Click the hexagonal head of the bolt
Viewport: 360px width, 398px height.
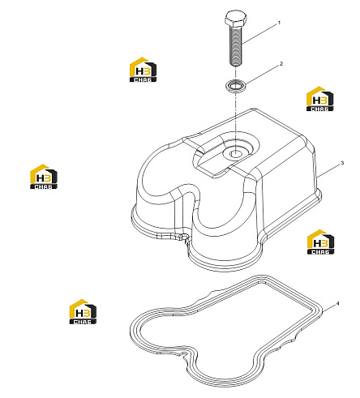236,18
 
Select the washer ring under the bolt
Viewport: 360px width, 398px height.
236,86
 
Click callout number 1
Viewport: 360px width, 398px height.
279,23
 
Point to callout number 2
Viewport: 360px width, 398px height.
281,64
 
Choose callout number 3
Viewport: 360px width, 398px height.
342,163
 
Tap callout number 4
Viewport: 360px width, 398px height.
337,304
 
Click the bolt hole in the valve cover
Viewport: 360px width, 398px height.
234,154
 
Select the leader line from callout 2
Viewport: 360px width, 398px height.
262,75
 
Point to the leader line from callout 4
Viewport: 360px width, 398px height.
328,309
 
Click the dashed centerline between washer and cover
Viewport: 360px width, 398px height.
235,122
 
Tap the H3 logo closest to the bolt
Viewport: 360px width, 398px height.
143,70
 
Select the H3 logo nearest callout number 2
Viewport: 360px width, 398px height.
319,99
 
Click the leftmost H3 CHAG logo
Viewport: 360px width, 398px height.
44,177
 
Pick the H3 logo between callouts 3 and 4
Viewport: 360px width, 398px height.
320,242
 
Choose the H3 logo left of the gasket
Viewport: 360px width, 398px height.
83,311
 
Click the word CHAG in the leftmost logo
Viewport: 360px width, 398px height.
44,186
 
